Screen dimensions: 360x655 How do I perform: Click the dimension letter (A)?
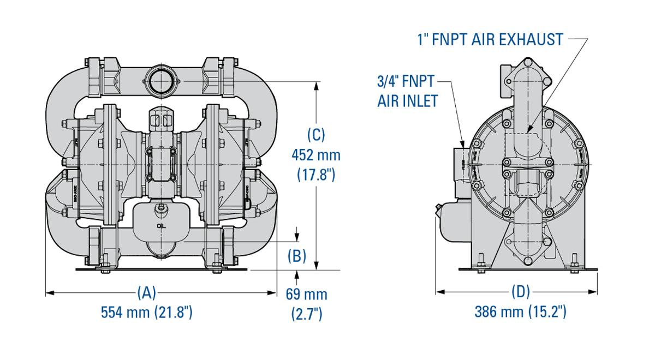pos(146,292)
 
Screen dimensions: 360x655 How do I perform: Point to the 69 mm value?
pos(307,295)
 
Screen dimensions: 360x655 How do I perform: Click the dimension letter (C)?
pos(316,134)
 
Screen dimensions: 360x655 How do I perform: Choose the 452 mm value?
pos(316,155)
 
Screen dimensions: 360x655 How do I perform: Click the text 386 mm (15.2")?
pos(520,313)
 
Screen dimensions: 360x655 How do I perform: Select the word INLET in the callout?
pos(419,101)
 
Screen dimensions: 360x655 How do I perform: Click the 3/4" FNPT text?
pos(406,82)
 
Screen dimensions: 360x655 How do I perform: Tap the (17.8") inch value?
pos(316,175)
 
